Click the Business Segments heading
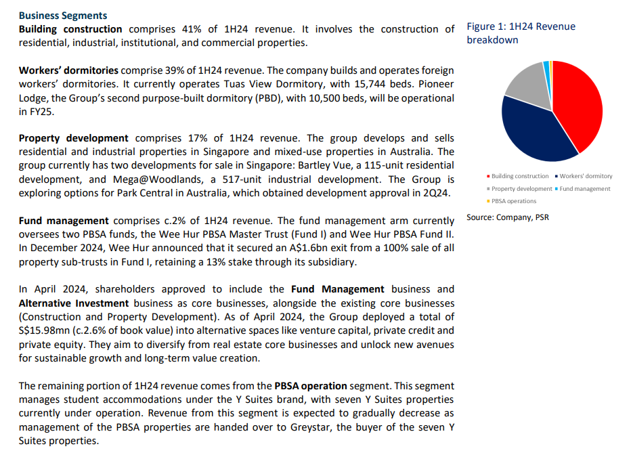(x=62, y=15)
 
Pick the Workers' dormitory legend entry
(x=583, y=176)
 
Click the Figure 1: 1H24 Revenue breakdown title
(x=521, y=33)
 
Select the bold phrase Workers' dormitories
(x=68, y=70)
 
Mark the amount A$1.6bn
(x=265, y=248)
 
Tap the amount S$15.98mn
(x=47, y=330)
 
